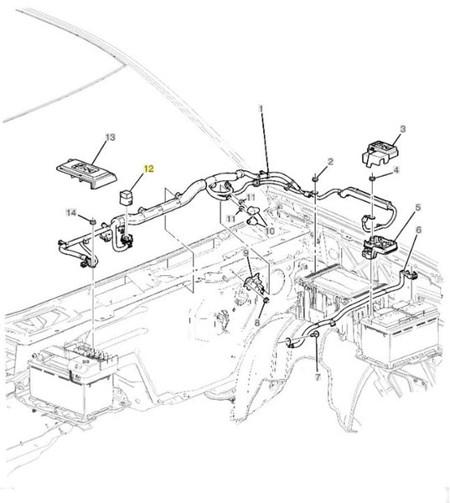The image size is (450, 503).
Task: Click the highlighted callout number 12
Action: click(x=148, y=169)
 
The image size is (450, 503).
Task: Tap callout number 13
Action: click(x=110, y=137)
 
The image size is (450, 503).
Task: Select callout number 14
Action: click(x=71, y=212)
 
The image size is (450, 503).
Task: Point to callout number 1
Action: click(x=261, y=109)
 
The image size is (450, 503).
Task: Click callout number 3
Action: click(x=403, y=129)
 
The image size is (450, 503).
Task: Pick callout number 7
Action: click(x=318, y=377)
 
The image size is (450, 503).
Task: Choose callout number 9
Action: click(x=246, y=253)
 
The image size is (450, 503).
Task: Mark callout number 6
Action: click(x=418, y=230)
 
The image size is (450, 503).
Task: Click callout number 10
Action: click(x=270, y=231)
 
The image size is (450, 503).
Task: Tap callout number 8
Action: click(x=257, y=323)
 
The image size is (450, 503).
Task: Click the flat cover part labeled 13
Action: click(x=86, y=174)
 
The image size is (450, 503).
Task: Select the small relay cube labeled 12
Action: click(x=125, y=197)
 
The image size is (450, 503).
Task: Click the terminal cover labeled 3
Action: click(x=380, y=153)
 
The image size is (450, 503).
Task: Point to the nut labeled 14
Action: click(x=93, y=221)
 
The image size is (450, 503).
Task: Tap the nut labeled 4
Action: click(x=372, y=178)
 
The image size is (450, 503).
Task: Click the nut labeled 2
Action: click(x=316, y=178)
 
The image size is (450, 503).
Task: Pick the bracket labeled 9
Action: click(x=256, y=283)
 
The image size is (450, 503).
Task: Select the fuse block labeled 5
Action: click(x=380, y=246)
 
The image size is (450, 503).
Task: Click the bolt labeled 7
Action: click(x=316, y=334)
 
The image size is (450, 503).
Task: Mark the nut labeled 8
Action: click(x=266, y=301)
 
